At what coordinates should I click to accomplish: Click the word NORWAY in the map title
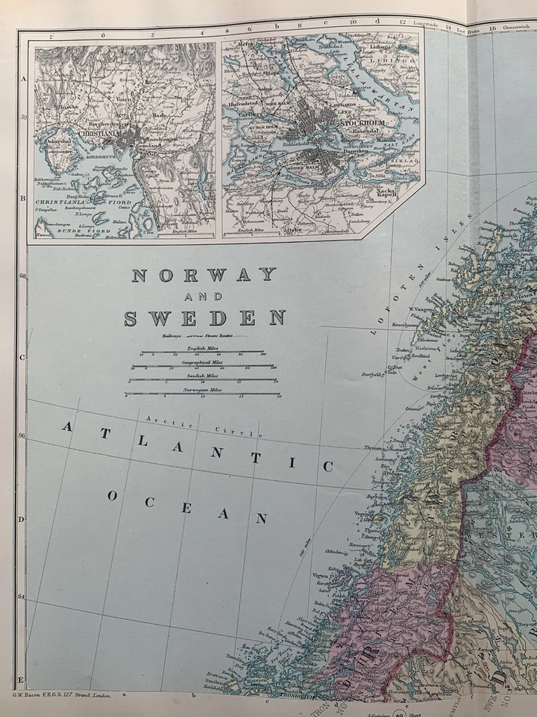pos(204,275)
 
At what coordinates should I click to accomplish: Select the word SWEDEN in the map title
pos(204,318)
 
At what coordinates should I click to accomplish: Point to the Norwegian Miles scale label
pos(203,389)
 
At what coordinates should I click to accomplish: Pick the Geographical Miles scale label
pos(201,361)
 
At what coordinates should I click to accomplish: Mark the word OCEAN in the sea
pos(186,507)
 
